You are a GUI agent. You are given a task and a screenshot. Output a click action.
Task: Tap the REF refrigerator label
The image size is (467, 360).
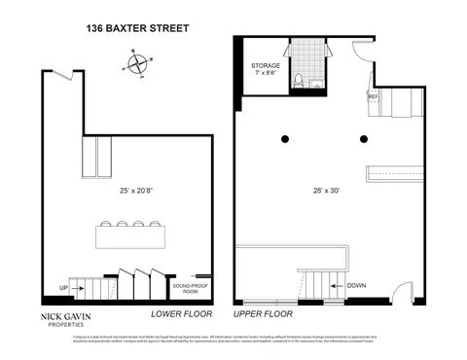pyautogui.click(x=372, y=96)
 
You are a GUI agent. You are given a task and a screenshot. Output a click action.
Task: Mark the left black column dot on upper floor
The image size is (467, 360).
pyautogui.click(x=286, y=136)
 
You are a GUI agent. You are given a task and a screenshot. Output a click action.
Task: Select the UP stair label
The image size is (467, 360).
pyautogui.click(x=63, y=288)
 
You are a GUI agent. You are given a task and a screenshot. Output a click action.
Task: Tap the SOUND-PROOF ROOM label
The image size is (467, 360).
pyautogui.click(x=185, y=289)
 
